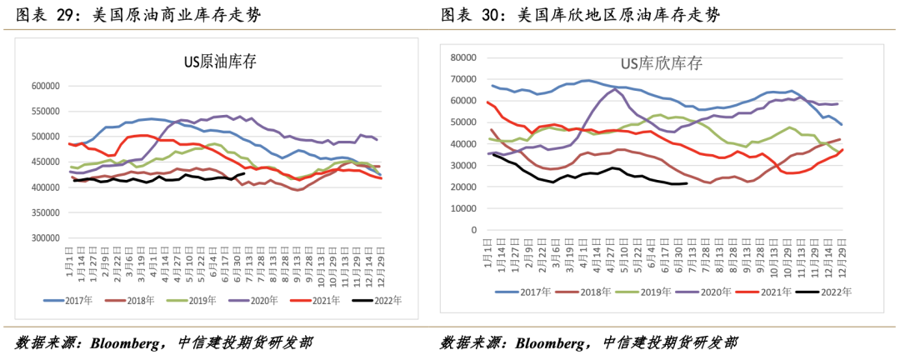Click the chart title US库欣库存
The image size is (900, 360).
click(662, 63)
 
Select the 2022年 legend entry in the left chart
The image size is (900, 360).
click(385, 300)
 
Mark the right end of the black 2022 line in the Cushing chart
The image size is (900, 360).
click(686, 183)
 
